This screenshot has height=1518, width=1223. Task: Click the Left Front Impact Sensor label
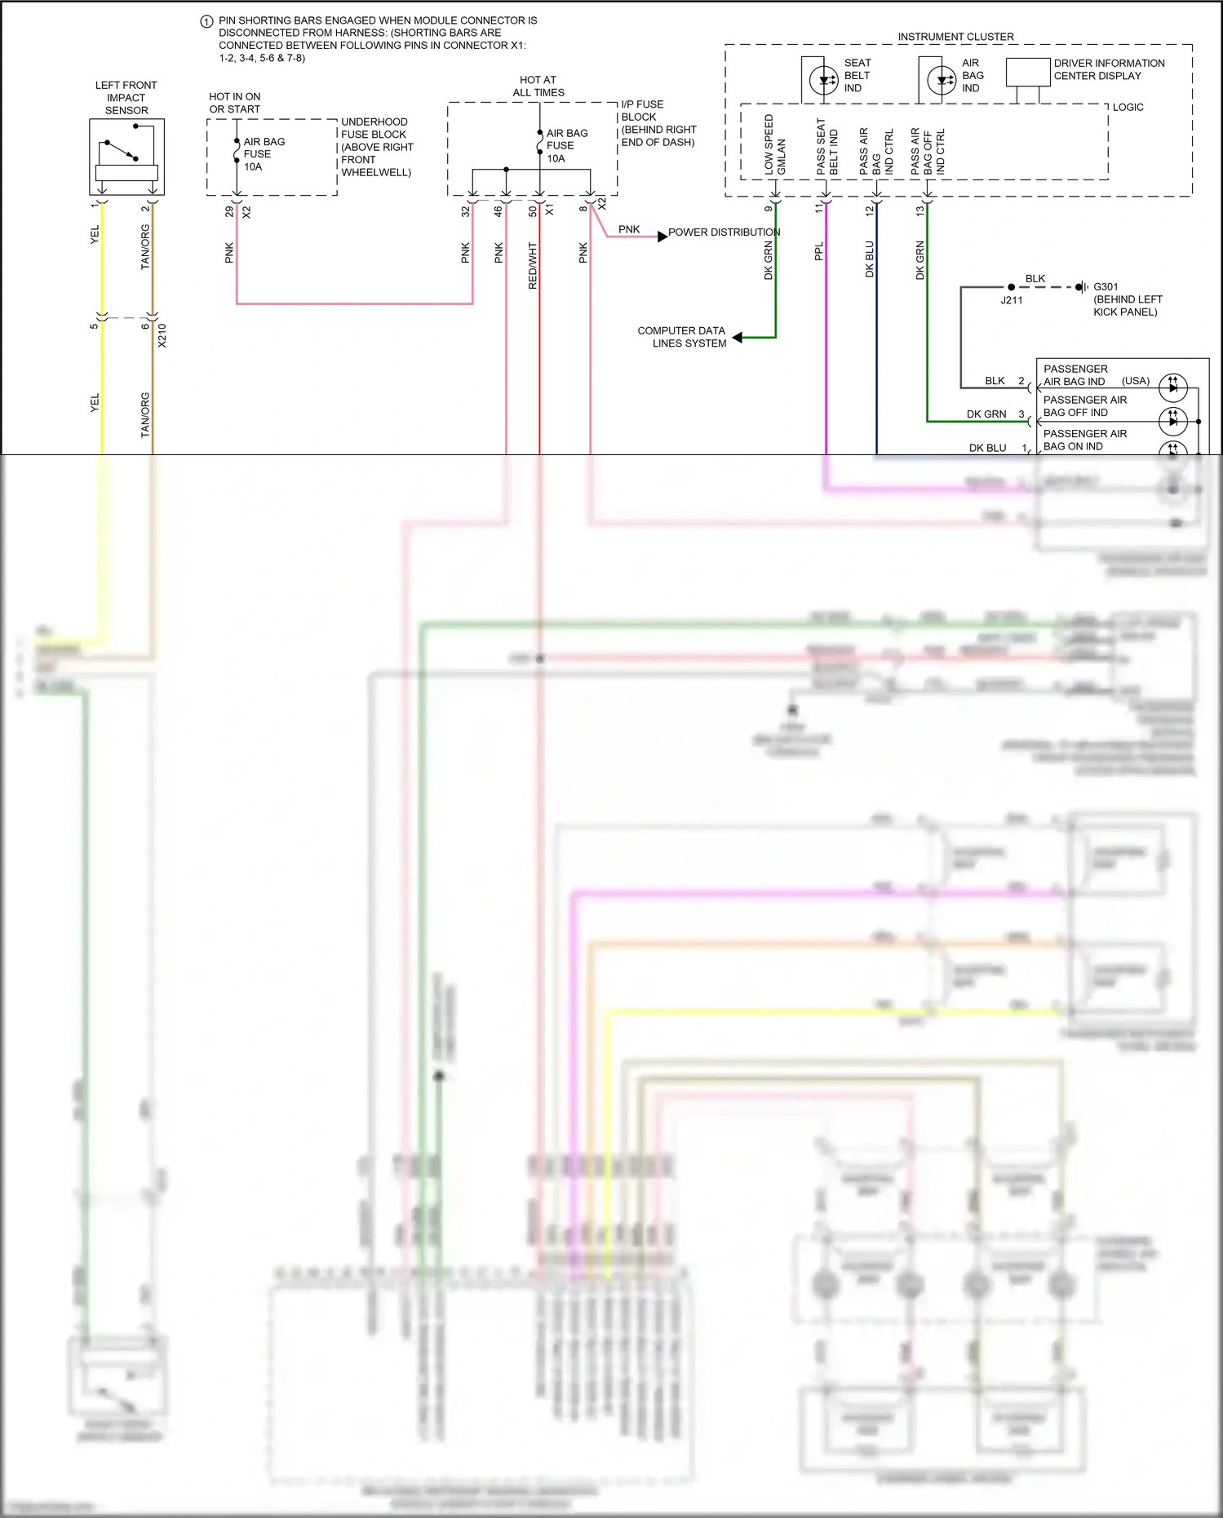click(126, 97)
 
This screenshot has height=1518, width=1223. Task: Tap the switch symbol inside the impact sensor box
click(119, 151)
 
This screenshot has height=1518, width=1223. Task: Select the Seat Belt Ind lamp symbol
click(824, 80)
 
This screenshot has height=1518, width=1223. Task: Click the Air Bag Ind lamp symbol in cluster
click(942, 80)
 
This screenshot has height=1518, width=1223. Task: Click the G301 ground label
click(1106, 287)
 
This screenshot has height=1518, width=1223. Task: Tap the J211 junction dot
click(1012, 287)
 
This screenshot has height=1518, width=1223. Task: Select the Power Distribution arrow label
click(724, 232)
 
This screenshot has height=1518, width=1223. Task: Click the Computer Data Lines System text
click(682, 337)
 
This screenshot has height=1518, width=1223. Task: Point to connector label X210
click(162, 335)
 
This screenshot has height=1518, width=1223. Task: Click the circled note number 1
click(207, 22)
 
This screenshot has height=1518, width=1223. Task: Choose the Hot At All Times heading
click(538, 86)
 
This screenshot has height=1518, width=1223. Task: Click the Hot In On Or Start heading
click(235, 103)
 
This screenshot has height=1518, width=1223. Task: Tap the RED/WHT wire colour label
click(533, 265)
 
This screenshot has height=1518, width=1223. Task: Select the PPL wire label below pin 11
click(819, 251)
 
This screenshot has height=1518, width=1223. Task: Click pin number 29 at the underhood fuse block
click(229, 211)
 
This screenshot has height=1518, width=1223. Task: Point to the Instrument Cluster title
click(955, 37)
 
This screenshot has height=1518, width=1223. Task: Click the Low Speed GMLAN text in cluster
click(774, 144)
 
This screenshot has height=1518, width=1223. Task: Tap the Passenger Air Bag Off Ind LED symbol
click(1172, 421)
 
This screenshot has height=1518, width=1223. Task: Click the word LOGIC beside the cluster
click(1128, 107)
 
